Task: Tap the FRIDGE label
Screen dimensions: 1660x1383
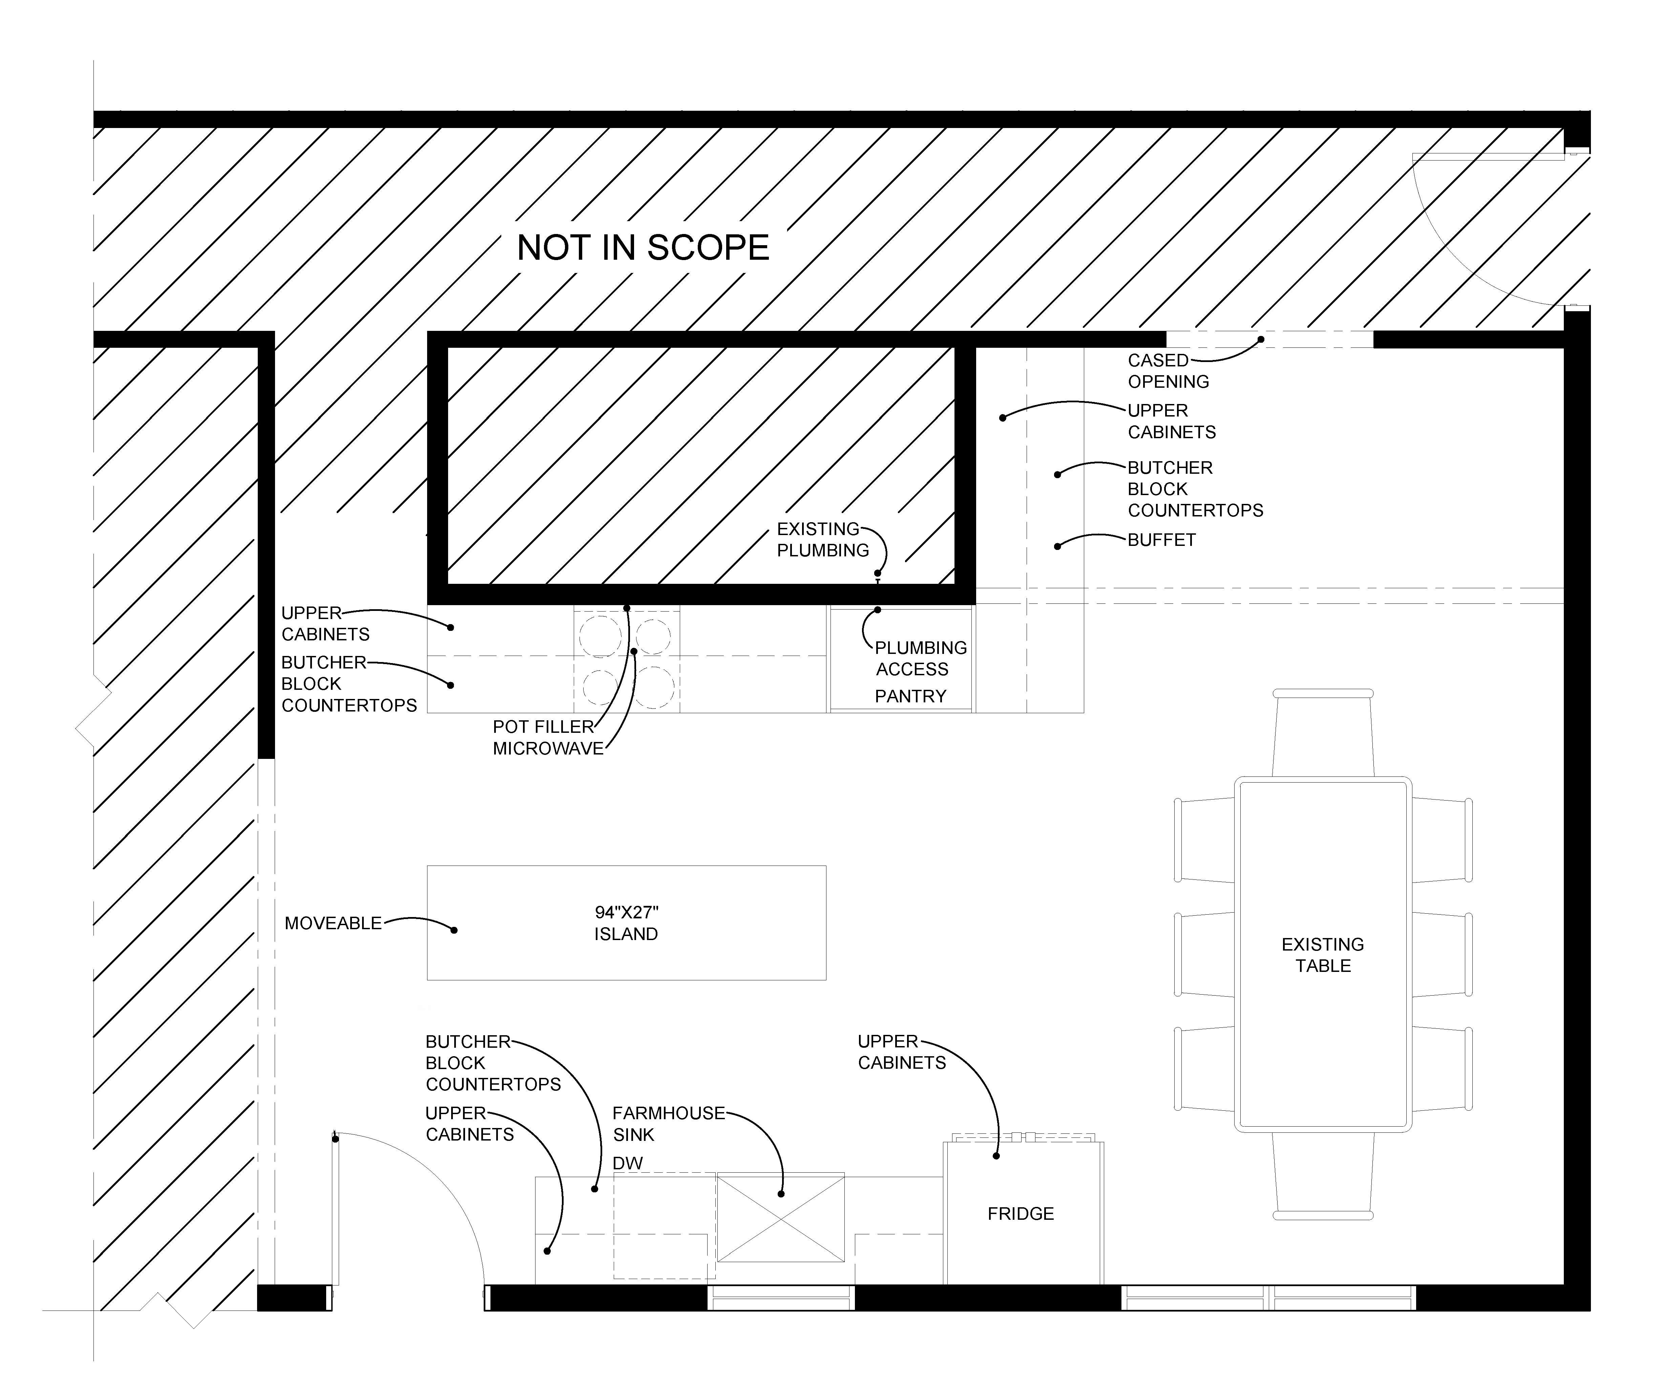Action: (x=1021, y=1213)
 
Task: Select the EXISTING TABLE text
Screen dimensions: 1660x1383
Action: (x=1322, y=955)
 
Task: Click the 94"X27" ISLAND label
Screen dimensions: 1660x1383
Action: (x=626, y=923)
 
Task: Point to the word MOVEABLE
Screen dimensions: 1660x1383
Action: (x=333, y=923)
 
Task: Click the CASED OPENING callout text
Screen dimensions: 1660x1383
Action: (x=1168, y=371)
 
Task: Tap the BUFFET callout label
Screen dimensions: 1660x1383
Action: (x=1161, y=540)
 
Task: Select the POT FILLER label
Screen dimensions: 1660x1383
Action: (x=543, y=726)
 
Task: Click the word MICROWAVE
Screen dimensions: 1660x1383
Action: (x=548, y=748)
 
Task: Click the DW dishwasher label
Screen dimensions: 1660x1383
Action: (x=628, y=1163)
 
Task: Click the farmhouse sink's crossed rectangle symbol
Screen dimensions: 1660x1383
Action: (x=780, y=1217)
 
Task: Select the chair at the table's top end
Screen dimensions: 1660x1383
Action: (x=1322, y=732)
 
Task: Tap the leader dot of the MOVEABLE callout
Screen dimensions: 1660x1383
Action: (x=454, y=930)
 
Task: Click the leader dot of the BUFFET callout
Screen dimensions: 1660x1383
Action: (x=1057, y=546)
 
